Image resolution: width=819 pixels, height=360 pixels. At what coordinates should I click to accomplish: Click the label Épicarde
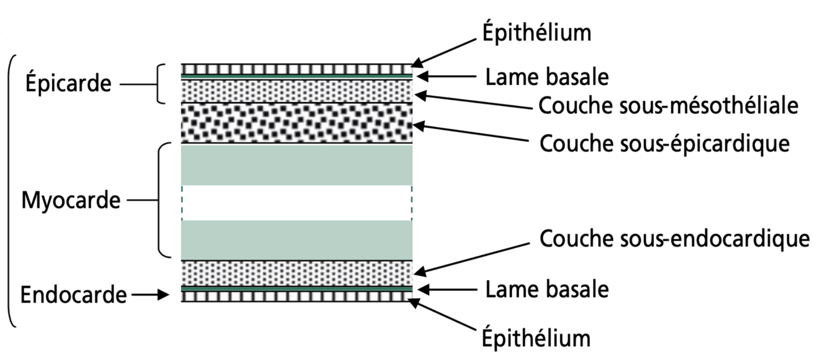[68, 83]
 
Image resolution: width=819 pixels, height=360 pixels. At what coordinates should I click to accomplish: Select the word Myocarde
[71, 200]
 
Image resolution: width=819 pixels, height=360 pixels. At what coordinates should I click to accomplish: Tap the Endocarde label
[74, 295]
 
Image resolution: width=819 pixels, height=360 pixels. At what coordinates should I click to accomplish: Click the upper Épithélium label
[536, 33]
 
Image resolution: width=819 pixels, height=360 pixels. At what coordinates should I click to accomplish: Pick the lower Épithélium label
[536, 338]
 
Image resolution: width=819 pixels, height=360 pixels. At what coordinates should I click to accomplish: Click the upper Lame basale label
[547, 77]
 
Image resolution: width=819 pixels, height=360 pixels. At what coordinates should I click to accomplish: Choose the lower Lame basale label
[547, 289]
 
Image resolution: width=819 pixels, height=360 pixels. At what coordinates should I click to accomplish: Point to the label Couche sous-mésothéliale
[668, 105]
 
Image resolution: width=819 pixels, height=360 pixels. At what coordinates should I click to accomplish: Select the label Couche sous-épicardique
[664, 143]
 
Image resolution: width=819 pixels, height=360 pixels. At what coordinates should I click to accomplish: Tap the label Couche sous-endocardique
[674, 239]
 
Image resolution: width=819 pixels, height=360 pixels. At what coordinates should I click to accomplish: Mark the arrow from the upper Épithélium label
[444, 52]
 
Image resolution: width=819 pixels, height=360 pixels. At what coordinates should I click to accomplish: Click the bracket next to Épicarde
[160, 83]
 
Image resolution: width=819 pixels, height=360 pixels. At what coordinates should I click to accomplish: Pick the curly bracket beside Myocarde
[161, 200]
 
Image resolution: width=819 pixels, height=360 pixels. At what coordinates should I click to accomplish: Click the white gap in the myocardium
[297, 202]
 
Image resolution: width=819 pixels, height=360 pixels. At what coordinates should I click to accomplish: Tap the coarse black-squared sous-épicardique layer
[297, 123]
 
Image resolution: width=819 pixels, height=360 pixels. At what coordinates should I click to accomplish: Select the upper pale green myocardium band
[297, 165]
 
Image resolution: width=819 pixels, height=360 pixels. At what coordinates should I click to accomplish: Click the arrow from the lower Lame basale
[447, 290]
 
